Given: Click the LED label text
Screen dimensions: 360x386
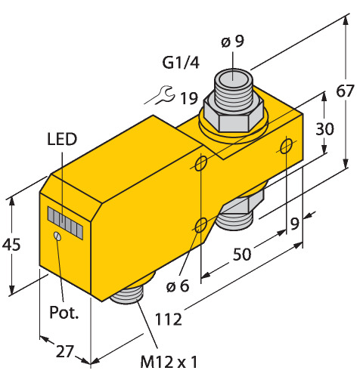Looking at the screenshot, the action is (x=62, y=139).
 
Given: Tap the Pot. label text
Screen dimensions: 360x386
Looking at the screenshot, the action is (x=64, y=313).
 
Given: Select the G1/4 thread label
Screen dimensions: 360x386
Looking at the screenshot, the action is (x=181, y=63).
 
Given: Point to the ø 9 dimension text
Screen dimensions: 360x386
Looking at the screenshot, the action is (x=233, y=42).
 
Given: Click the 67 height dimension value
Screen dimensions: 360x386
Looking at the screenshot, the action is (x=345, y=91).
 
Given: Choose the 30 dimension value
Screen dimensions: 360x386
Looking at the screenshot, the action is (x=324, y=128).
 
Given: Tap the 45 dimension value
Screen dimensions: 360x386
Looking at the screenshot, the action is (x=11, y=245).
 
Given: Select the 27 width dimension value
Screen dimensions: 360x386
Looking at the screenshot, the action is (x=65, y=351).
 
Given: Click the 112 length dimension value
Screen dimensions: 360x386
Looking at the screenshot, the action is (x=168, y=320).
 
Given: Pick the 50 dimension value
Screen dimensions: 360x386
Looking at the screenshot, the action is (x=242, y=254).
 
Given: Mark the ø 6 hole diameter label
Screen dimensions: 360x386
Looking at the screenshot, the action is (x=178, y=286).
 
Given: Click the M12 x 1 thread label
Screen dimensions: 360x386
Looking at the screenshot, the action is (x=169, y=362).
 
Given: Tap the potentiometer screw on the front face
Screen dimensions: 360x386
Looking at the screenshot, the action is (x=57, y=236).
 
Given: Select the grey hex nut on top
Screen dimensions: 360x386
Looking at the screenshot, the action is (x=234, y=115).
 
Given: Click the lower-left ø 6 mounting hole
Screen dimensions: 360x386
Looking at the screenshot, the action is (x=201, y=225).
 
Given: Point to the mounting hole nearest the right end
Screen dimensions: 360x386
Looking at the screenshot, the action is (x=287, y=146).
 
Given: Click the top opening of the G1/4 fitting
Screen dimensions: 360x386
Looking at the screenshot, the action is (x=232, y=79).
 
